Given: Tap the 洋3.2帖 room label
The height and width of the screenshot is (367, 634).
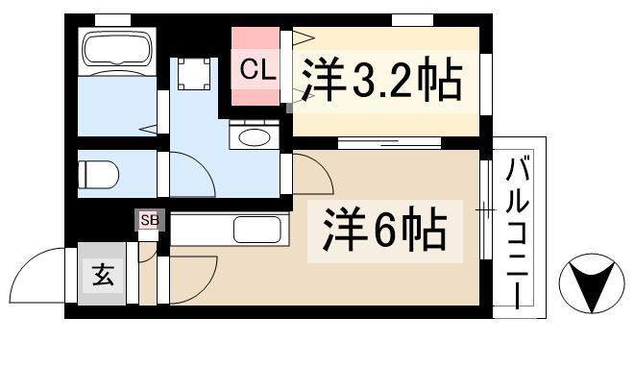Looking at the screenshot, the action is click(381, 79).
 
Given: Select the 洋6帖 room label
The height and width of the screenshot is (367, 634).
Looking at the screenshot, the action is click(384, 230).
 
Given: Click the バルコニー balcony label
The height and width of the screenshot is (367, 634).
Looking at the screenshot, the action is click(518, 233).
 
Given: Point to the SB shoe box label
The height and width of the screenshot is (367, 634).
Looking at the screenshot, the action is click(150, 221).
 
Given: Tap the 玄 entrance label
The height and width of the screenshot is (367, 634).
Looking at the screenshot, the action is click(103, 275).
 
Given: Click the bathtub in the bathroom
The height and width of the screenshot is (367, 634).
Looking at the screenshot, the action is click(117, 49).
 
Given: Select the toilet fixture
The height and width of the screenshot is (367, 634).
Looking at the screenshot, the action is click(98, 175).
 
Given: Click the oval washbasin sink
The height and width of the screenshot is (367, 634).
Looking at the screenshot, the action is click(255, 137).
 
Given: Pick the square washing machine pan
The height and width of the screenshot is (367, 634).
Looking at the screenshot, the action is click(194, 74).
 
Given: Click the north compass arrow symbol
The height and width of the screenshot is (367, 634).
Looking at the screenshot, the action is click(592, 283).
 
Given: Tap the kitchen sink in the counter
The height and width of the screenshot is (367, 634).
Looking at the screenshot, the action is click(257, 230).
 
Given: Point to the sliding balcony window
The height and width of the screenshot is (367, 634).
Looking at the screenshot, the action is click(486, 209).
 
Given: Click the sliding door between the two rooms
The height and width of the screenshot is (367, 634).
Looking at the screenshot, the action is click(389, 143).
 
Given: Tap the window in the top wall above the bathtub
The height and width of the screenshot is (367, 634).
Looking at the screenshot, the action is click(112, 20).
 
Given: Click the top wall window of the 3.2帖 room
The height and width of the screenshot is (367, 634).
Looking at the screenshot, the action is click(412, 20).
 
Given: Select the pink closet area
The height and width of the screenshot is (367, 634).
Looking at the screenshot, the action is click(256, 66).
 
